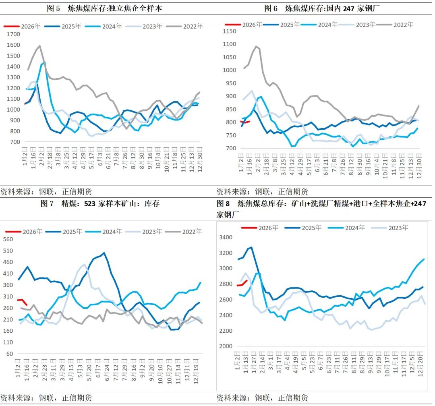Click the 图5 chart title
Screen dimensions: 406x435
[104, 8]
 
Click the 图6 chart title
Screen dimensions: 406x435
[322, 8]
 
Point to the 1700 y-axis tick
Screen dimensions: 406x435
[13, 34]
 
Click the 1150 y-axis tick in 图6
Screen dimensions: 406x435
[231, 31]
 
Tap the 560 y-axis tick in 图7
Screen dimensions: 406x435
[8, 239]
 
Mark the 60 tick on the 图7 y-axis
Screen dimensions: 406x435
[9, 354]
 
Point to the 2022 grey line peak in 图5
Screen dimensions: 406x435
[39, 46]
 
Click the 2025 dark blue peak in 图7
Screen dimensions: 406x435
[104, 253]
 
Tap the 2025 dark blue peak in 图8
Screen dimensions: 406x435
[251, 247]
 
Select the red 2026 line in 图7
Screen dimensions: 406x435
[21, 300]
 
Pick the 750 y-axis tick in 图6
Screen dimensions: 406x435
[232, 135]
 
